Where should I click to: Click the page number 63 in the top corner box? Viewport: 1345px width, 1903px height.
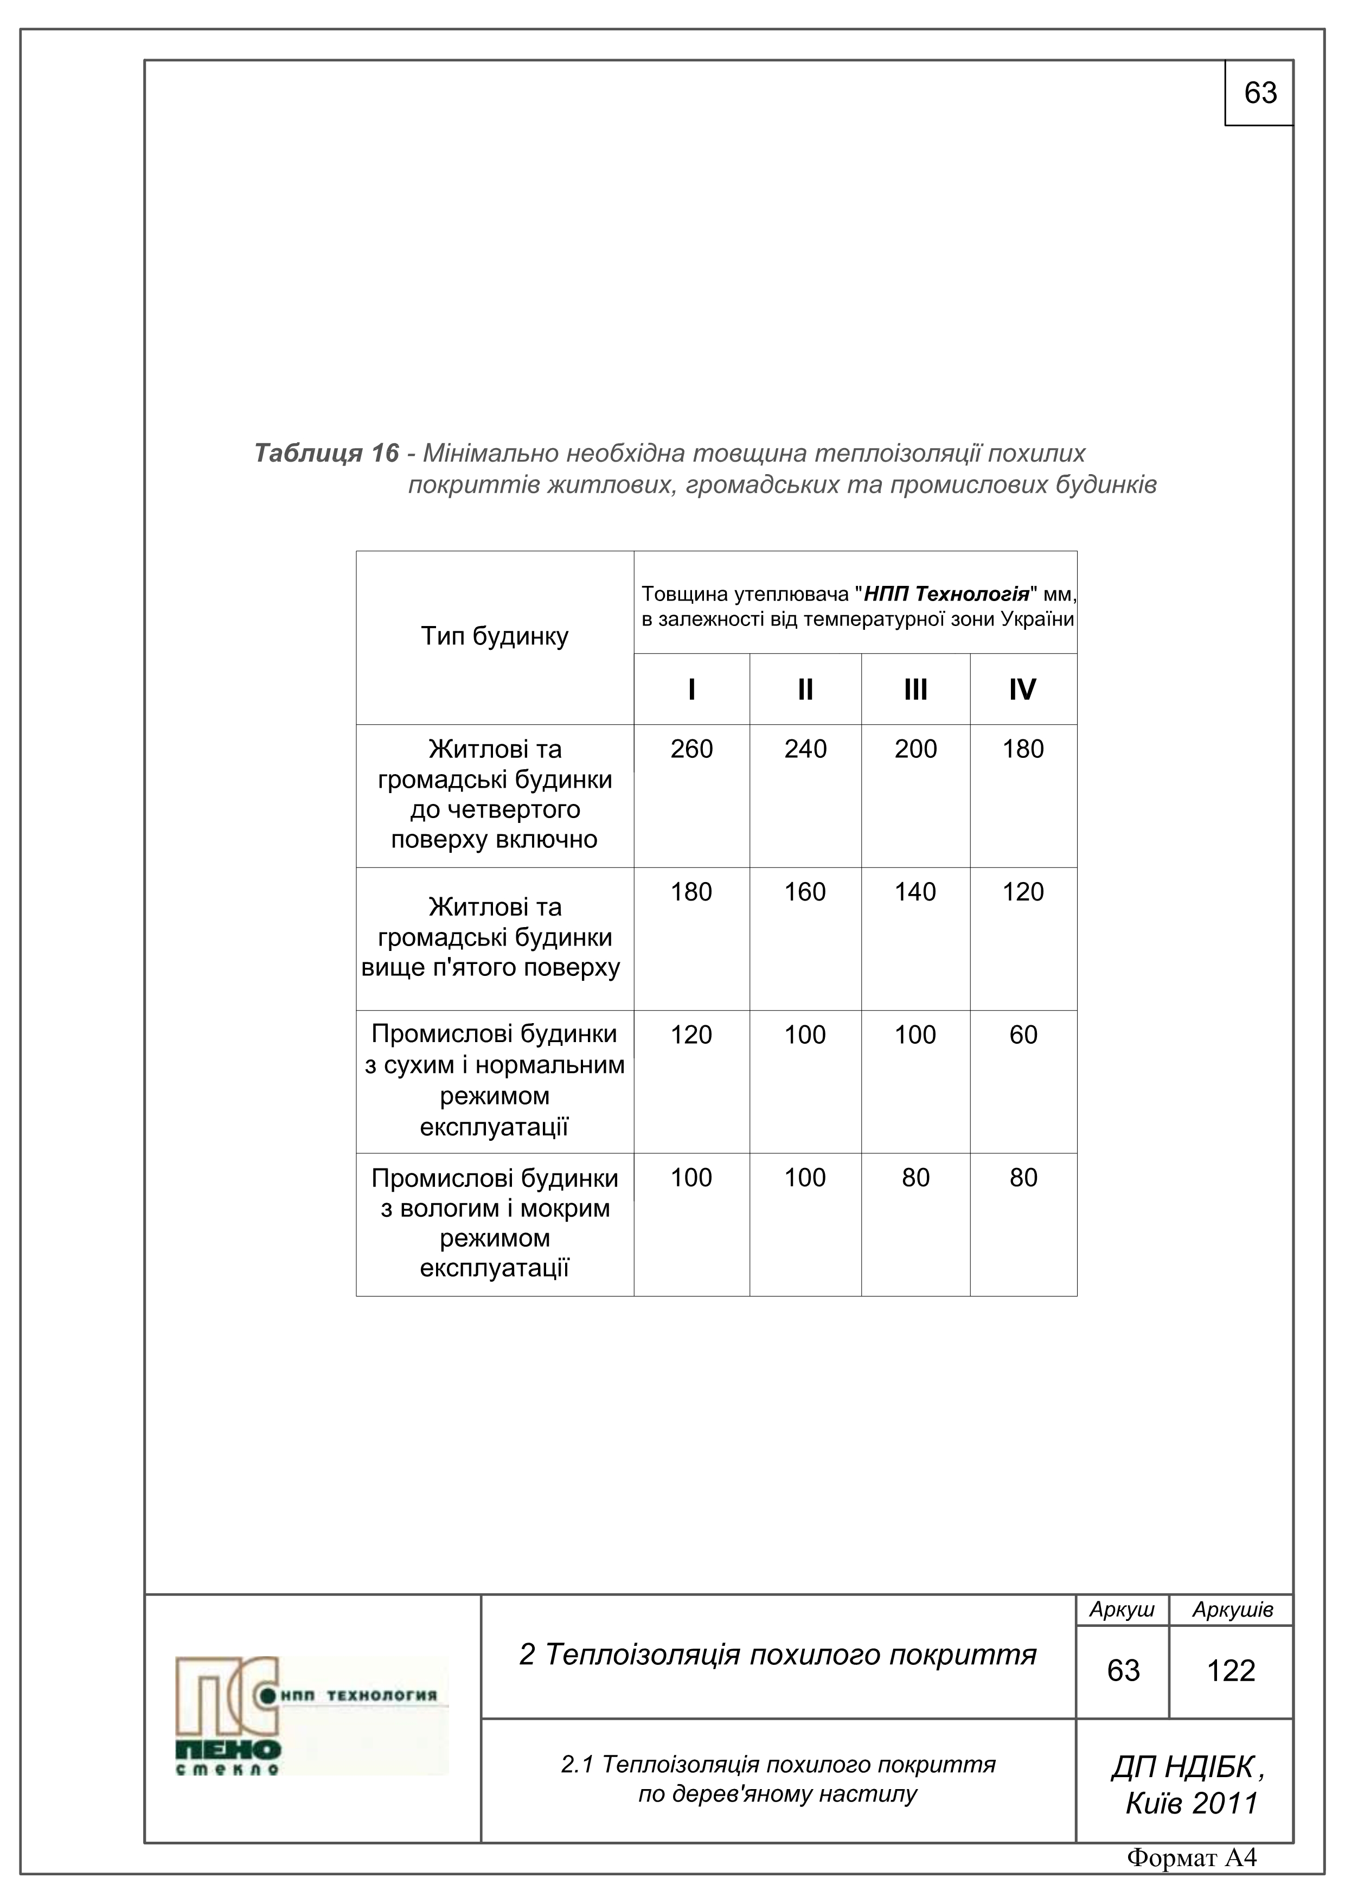(1260, 93)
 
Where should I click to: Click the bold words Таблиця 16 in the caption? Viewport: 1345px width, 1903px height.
(326, 454)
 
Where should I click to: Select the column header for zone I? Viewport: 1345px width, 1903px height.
(691, 689)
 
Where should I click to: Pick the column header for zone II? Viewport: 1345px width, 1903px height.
(805, 689)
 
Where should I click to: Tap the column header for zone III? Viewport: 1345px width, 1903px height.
(915, 689)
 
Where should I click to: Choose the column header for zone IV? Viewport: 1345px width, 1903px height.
(1023, 689)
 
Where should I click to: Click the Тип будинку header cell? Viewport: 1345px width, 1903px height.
(495, 636)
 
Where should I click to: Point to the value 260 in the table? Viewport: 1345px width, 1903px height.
(691, 749)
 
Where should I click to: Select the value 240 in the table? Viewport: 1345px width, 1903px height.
(805, 749)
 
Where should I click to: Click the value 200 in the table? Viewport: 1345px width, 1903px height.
(915, 749)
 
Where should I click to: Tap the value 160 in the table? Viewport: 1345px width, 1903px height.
(805, 892)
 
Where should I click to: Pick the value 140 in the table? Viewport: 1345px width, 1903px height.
(915, 892)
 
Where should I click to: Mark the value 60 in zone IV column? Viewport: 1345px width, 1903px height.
(1023, 1034)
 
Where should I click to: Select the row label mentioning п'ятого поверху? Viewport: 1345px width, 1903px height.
(495, 937)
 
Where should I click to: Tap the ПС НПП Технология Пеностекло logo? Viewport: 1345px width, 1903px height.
(311, 1716)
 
